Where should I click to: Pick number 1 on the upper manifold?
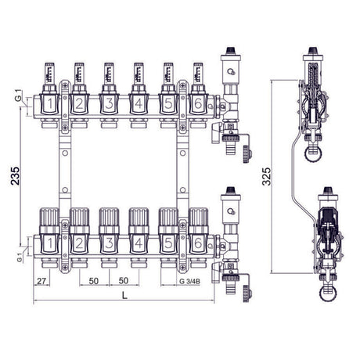[x=49, y=103]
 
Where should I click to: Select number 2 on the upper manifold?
[x=78, y=103]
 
